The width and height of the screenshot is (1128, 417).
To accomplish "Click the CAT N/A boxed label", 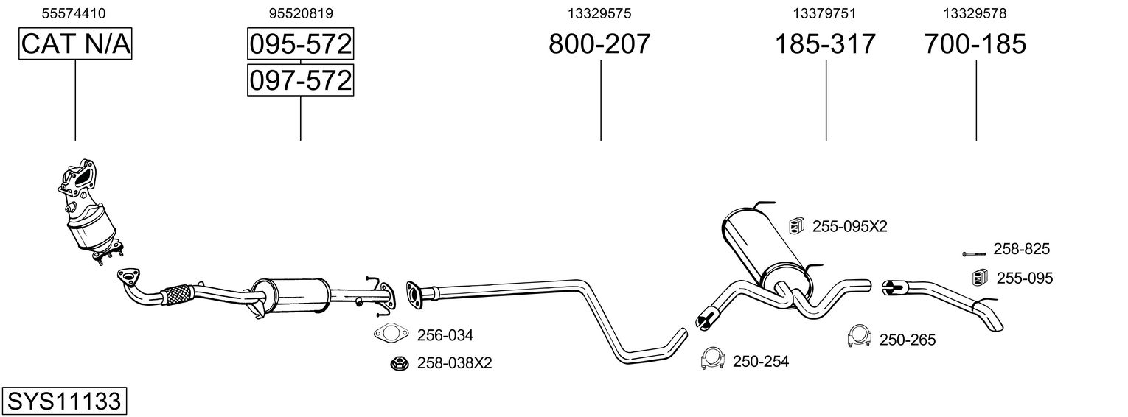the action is [75, 44].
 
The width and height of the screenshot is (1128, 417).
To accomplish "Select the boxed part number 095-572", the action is [300, 44].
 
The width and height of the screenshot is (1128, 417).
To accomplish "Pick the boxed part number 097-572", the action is [300, 80].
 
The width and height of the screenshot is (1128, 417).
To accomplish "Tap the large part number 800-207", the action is [599, 44].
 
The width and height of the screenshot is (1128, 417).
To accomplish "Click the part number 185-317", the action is [824, 44].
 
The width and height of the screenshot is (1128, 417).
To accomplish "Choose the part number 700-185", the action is [975, 44].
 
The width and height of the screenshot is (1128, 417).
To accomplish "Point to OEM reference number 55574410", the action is [74, 13].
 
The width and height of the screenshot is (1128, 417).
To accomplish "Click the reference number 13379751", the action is [824, 13].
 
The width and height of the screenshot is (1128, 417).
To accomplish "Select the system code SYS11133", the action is [64, 402].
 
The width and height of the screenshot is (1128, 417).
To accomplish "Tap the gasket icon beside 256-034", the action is [391, 334].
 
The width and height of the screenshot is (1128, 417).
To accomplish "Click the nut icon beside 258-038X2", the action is [399, 362].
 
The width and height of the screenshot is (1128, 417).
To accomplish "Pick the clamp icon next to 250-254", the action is [711, 358].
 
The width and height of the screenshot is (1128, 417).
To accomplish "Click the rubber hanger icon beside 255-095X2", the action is [796, 225].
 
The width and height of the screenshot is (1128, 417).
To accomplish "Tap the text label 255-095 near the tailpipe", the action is [1025, 278].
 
